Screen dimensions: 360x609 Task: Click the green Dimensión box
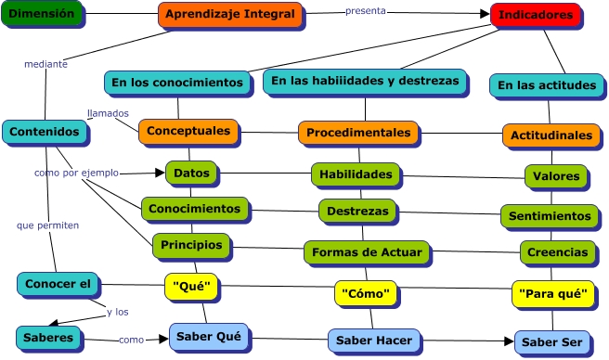click(x=42, y=14)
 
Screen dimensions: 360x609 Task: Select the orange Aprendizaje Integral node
click(x=229, y=15)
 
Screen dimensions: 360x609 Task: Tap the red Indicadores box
click(x=535, y=16)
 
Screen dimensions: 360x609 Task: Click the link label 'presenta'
click(x=365, y=11)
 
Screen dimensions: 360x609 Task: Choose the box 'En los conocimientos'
click(x=176, y=83)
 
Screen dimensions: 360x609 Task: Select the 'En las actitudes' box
click(x=546, y=85)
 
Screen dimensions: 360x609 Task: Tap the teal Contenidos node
click(x=44, y=132)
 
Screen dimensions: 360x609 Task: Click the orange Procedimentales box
click(x=357, y=133)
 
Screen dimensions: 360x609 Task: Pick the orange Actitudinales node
click(x=551, y=135)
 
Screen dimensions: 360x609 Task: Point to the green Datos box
click(x=192, y=173)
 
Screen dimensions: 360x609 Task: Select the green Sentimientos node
click(x=551, y=216)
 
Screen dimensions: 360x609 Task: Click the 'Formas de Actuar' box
click(x=367, y=251)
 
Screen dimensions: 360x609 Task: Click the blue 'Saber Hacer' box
click(x=373, y=341)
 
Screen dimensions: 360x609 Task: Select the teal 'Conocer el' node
click(x=57, y=284)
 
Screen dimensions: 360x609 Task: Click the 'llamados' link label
click(x=108, y=113)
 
